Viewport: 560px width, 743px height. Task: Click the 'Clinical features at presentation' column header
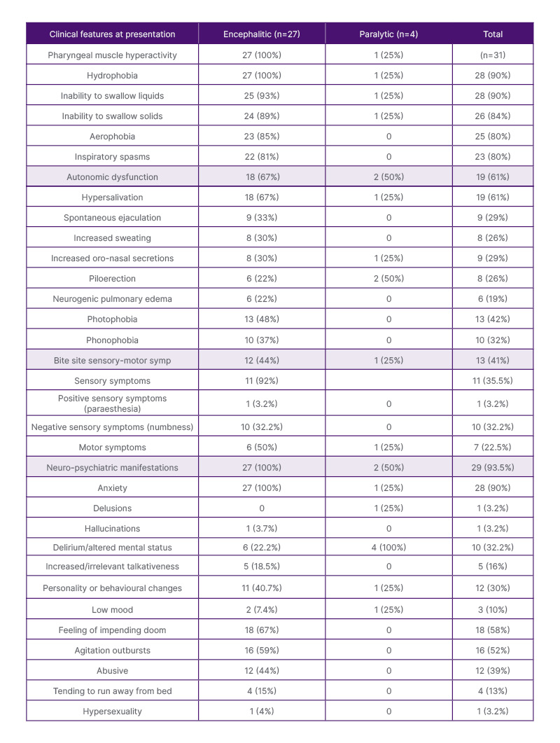(112, 34)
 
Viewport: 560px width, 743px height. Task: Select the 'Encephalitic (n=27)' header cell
(261, 34)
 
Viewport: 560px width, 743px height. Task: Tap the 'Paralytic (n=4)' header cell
(388, 34)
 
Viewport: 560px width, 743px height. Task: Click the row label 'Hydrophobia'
(112, 75)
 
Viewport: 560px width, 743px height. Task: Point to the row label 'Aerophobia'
(112, 136)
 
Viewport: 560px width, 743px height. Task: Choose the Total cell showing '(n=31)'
(492, 55)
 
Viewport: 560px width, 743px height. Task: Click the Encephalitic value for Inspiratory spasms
(261, 157)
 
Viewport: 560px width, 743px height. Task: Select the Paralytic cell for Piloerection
(388, 279)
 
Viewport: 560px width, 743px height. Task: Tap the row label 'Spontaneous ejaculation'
(112, 218)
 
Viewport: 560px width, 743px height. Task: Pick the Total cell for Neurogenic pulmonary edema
(492, 299)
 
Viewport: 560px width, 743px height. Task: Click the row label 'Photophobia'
(112, 319)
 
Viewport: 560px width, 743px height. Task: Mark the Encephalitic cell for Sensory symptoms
(261, 381)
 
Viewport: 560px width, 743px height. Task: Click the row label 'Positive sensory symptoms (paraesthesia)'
(112, 403)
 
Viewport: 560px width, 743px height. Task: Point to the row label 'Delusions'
(112, 508)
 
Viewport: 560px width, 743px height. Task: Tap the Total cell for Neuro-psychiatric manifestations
(492, 467)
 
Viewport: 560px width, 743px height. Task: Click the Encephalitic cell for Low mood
(261, 610)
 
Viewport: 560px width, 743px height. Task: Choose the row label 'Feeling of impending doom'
(112, 630)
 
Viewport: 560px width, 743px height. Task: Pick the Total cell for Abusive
(492, 671)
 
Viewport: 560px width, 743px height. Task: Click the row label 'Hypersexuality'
(112, 711)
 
